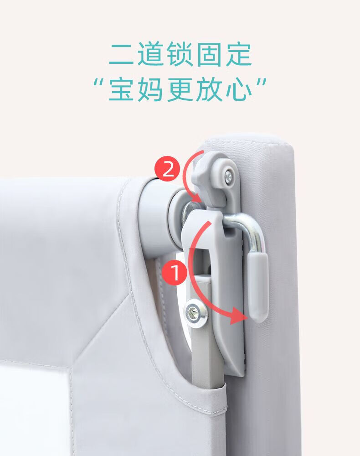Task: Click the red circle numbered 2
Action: (168, 169)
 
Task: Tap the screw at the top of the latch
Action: (228, 176)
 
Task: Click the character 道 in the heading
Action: (151, 54)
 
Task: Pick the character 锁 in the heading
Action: (180, 54)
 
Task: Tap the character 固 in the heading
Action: (210, 54)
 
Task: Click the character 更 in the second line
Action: (180, 89)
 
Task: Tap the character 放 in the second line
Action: (210, 89)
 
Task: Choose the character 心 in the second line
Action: (239, 89)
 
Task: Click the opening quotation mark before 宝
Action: (99, 82)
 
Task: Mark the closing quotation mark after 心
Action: (261, 82)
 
